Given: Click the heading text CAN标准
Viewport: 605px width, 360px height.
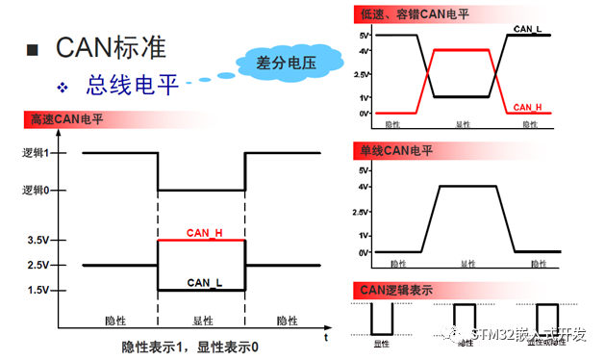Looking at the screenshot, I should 111,46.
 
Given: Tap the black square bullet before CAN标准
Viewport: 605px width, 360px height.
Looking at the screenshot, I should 35,48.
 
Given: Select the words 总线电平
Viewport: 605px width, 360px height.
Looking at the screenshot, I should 134,85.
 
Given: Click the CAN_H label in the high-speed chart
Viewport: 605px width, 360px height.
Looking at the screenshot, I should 204,233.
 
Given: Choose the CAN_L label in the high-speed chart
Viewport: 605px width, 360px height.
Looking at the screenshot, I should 204,282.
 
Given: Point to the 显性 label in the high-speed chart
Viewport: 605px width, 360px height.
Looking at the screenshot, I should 202,321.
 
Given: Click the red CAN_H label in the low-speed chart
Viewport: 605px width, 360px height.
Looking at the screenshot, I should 528,107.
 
